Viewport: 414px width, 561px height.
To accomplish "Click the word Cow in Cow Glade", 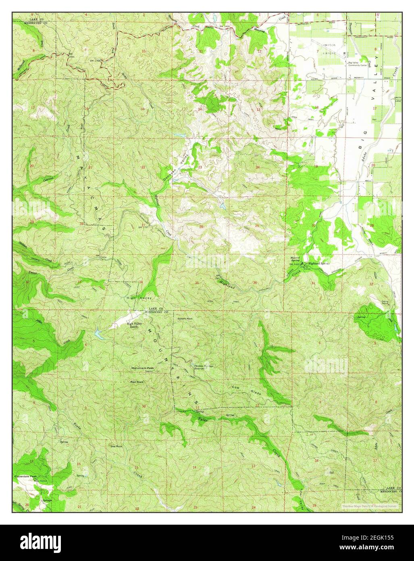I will coord(235,387).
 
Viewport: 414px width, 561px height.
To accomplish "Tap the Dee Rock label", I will coord(116,446).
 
